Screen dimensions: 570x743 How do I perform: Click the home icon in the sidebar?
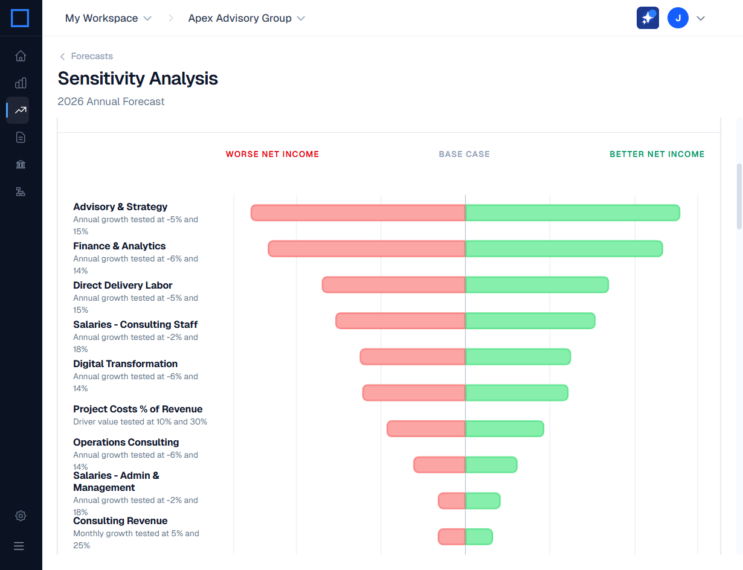[21, 56]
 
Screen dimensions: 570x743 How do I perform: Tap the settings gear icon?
[21, 516]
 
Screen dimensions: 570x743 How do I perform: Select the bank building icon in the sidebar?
[21, 165]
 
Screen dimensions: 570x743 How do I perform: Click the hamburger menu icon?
[19, 546]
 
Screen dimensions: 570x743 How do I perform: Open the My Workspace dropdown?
[108, 18]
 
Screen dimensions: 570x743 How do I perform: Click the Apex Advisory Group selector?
[246, 18]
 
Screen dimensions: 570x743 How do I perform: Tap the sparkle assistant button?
[648, 18]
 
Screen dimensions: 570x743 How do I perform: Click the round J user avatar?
[678, 18]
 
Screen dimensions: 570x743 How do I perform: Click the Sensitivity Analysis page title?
[138, 78]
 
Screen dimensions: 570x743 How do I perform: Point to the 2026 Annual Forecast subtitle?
[111, 101]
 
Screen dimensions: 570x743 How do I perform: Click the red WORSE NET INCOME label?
[272, 154]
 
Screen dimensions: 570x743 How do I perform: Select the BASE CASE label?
[464, 154]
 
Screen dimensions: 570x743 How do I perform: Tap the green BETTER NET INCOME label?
[657, 154]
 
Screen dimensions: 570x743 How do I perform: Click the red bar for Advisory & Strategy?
[358, 213]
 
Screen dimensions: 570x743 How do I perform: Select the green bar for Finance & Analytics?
[564, 249]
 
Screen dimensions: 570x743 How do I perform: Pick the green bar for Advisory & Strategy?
[572, 213]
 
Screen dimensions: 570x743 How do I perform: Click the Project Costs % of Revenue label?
[138, 409]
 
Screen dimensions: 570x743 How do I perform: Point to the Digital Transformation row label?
[125, 363]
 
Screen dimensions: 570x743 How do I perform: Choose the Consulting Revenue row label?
[120, 520]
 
